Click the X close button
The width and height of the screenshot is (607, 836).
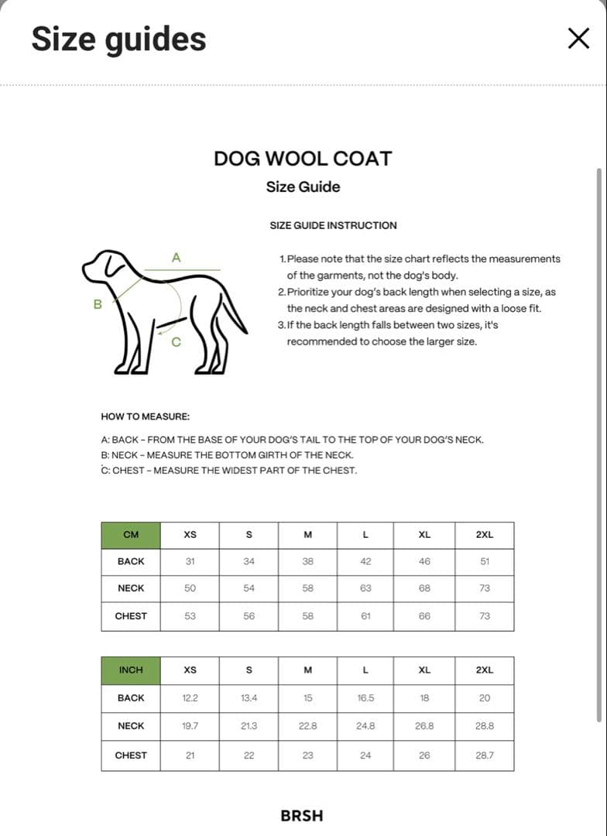pos(578,38)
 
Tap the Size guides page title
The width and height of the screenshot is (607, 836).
pos(118,39)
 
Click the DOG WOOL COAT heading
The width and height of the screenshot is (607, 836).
pos(303,159)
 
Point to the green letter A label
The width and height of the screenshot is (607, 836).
pos(176,257)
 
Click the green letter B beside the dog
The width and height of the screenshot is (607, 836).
pos(98,304)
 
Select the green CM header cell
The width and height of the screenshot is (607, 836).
pos(131,535)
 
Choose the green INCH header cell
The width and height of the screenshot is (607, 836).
pos(131,670)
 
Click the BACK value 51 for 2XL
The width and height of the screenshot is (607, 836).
pos(484,561)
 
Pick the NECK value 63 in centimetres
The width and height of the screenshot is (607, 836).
pos(365,588)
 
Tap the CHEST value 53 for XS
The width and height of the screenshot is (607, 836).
pos(190,616)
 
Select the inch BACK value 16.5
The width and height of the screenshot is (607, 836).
pos(365,697)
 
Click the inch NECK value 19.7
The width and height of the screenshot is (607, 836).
pos(190,725)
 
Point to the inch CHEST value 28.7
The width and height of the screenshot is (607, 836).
pos(484,755)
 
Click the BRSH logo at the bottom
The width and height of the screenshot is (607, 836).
pos(302,815)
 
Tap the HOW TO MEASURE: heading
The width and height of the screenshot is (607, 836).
pos(146,416)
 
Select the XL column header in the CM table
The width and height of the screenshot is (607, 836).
pos(424,535)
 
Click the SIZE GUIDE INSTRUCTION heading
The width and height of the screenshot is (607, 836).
pos(333,225)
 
